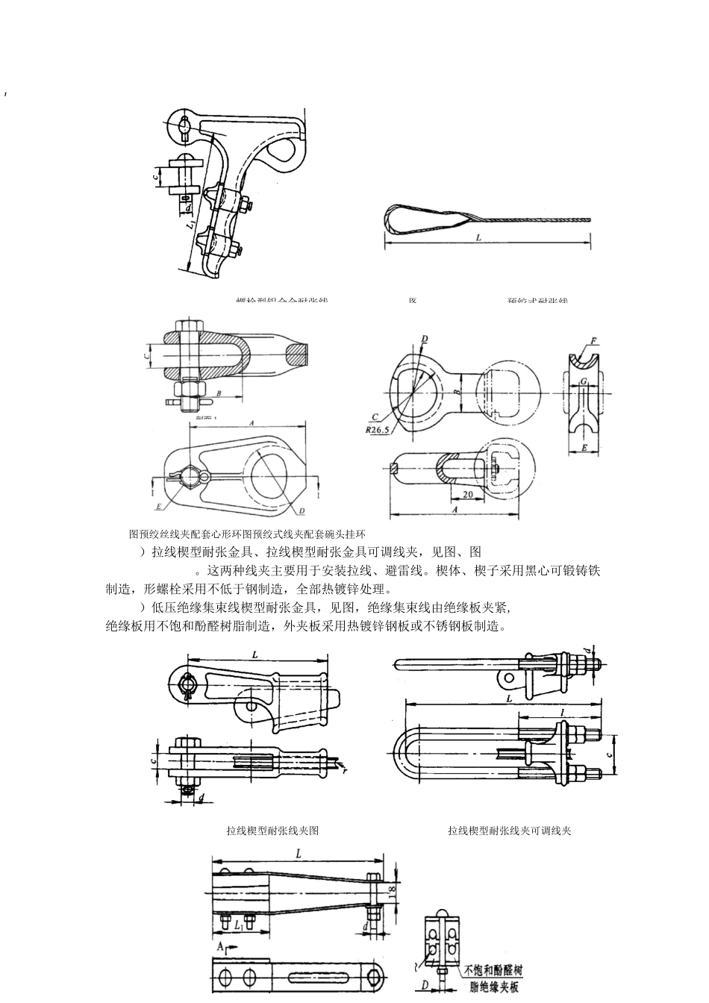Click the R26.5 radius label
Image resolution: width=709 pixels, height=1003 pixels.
(x=379, y=430)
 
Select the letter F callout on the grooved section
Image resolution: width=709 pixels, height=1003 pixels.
(x=594, y=341)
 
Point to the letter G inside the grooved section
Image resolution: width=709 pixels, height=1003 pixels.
(x=584, y=382)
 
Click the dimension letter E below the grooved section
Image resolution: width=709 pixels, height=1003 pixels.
(x=584, y=448)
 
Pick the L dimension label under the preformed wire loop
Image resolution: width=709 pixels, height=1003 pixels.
(x=478, y=237)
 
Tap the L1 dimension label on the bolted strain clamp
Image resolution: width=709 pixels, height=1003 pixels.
(x=191, y=222)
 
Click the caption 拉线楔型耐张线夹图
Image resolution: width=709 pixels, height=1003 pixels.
(x=272, y=831)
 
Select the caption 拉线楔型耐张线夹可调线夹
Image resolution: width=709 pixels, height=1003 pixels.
(x=509, y=831)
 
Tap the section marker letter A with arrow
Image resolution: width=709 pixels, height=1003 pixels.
(x=221, y=946)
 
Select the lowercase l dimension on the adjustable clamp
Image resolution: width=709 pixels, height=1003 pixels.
(x=561, y=713)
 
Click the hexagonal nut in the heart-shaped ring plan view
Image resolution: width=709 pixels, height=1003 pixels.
(x=191, y=475)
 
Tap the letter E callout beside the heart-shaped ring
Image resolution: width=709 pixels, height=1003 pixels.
(x=158, y=505)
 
